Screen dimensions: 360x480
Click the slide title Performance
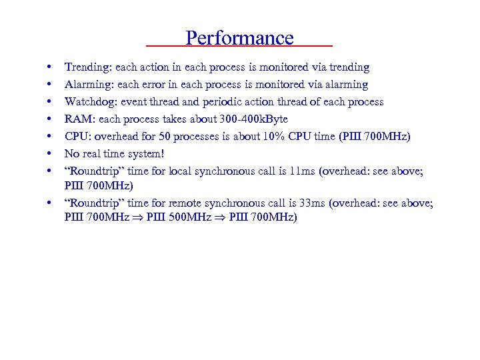239,38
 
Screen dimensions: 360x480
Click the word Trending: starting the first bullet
88,67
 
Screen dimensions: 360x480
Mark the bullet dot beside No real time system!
50,154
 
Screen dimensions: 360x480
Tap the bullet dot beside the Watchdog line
50,102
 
